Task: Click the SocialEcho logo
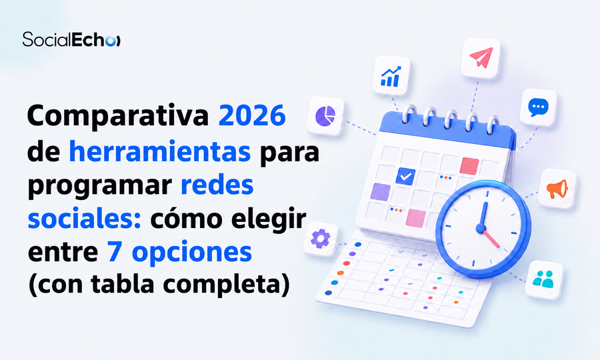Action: [x=71, y=39]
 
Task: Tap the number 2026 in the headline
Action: [x=252, y=115]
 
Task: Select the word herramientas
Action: [x=159, y=151]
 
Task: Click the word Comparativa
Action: [x=118, y=116]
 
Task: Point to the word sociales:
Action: [x=85, y=219]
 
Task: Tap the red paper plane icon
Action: [x=481, y=58]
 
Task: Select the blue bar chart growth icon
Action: [x=391, y=76]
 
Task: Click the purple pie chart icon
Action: [x=325, y=115]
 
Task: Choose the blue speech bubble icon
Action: [x=538, y=107]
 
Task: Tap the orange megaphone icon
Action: [x=557, y=189]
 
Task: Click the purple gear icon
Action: [x=320, y=239]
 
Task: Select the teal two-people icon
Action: [x=543, y=279]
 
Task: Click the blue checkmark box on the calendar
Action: [x=405, y=177]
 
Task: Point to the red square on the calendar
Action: [x=469, y=166]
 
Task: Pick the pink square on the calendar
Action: [x=416, y=218]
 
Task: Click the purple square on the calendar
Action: [x=381, y=192]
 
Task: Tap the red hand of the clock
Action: [x=491, y=238]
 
